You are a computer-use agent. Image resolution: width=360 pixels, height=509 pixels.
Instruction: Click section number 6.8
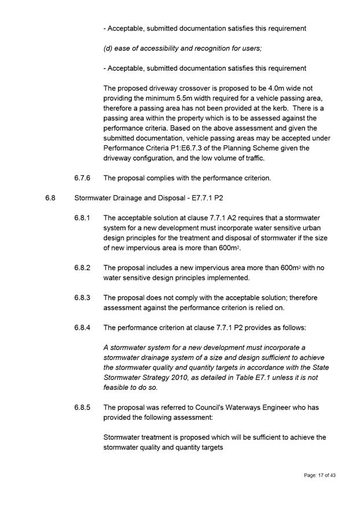point(50,198)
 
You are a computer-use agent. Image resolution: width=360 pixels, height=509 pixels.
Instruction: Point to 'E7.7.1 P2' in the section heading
point(207,198)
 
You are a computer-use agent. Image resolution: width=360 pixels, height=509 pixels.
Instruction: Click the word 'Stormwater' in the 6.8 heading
point(93,198)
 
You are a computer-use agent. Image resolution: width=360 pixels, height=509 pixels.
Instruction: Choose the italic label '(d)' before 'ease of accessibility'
point(108,48)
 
